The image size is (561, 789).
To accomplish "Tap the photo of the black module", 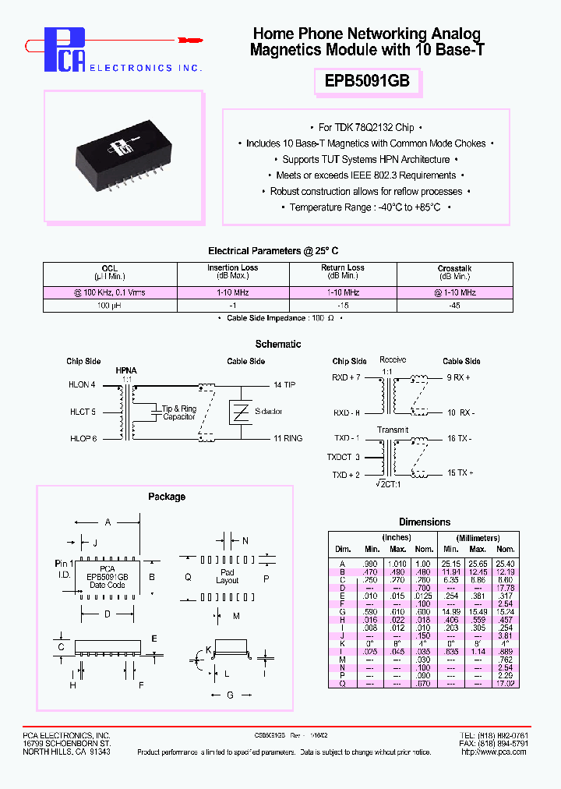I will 127,156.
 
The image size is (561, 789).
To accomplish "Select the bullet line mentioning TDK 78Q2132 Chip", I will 366,127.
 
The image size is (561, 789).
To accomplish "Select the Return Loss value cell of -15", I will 343,306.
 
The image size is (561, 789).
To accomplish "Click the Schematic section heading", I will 278,344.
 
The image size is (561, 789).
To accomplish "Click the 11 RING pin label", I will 288,439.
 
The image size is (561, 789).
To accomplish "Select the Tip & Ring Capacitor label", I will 179,412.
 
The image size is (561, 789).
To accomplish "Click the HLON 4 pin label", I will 82,385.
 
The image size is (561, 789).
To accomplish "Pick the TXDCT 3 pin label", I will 344,457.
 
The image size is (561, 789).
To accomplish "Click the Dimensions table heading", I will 425,522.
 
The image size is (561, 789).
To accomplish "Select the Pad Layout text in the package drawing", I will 228,576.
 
